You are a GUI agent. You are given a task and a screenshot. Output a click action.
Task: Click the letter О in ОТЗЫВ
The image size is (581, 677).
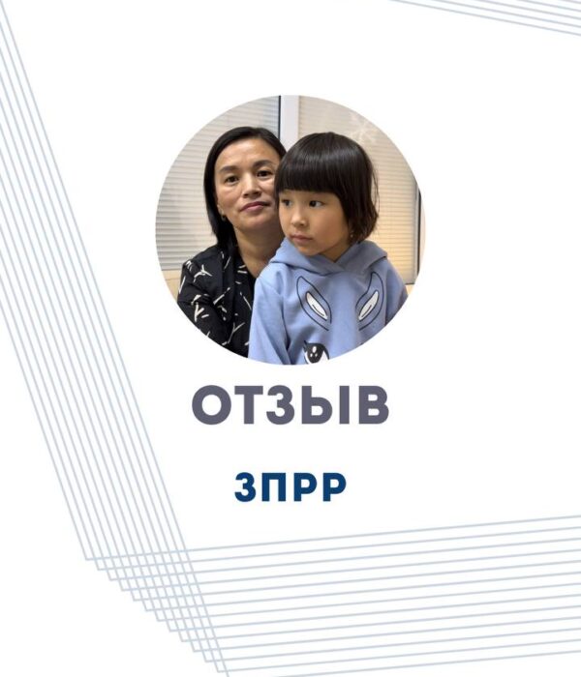pyautogui.click(x=212, y=406)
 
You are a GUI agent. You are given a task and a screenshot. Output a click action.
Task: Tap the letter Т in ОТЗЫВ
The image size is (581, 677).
pyautogui.click(x=248, y=406)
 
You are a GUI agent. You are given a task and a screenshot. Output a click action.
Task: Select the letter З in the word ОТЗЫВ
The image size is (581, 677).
pyautogui.click(x=281, y=406)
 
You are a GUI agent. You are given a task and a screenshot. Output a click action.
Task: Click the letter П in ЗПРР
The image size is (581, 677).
pyautogui.click(x=274, y=486)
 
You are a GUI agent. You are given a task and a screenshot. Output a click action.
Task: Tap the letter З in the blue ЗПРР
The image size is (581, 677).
pyautogui.click(x=246, y=486)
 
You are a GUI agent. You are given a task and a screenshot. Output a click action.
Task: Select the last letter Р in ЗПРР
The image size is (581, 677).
pyautogui.click(x=333, y=486)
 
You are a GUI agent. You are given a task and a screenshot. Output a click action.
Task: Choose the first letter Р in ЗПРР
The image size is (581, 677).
pyautogui.click(x=305, y=486)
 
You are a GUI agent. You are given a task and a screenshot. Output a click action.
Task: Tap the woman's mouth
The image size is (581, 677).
pyautogui.click(x=254, y=206)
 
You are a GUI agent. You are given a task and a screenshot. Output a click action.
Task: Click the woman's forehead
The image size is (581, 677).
pyautogui.click(x=243, y=153)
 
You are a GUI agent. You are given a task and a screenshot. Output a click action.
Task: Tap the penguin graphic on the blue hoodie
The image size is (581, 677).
pyautogui.click(x=315, y=351)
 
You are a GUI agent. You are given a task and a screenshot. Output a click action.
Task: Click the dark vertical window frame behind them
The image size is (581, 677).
pyautogui.click(x=280, y=117)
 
